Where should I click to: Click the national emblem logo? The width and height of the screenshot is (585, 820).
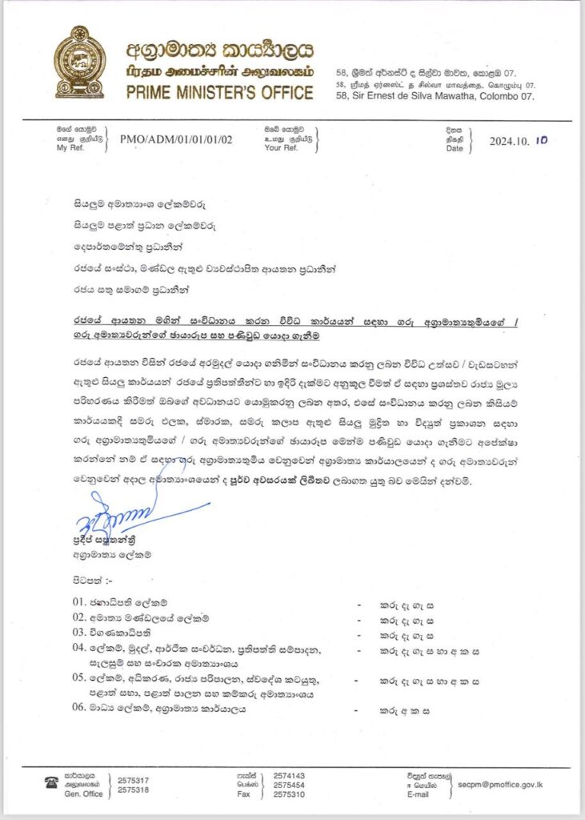(x=79, y=61)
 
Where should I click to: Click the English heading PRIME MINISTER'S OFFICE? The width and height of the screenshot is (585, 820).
(x=219, y=92)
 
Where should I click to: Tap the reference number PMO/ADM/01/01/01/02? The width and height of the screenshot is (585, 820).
(x=176, y=139)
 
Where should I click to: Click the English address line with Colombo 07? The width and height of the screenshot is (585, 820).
(x=434, y=95)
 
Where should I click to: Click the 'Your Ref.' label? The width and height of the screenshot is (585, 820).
(x=280, y=148)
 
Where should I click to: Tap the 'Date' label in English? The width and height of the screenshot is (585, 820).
(x=454, y=148)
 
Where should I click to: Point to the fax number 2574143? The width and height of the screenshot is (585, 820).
(x=288, y=776)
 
